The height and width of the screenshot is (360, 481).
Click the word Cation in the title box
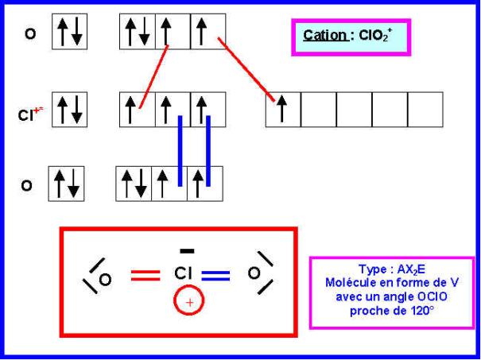[325, 36]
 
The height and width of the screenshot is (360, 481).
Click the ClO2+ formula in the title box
[375, 36]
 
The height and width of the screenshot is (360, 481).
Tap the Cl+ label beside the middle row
[30, 114]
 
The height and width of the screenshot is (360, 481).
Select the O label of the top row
[30, 33]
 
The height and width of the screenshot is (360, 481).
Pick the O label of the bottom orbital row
[26, 185]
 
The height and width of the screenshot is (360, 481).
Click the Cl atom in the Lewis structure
[184, 273]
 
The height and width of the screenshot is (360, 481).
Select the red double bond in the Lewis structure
[145, 275]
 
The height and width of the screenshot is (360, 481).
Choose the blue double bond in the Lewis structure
[215, 276]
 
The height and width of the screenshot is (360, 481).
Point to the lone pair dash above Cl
[187, 251]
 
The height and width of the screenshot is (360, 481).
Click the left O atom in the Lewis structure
[105, 280]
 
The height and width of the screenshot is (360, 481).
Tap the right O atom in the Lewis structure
[254, 273]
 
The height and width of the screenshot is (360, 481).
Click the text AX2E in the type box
[411, 269]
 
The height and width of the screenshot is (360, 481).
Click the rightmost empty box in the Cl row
[425, 110]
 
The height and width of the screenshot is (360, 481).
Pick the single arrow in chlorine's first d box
[282, 108]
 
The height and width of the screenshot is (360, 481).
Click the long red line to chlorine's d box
[246, 69]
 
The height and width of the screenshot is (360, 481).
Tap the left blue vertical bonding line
[180, 151]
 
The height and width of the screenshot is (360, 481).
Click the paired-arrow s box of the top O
[70, 31]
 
